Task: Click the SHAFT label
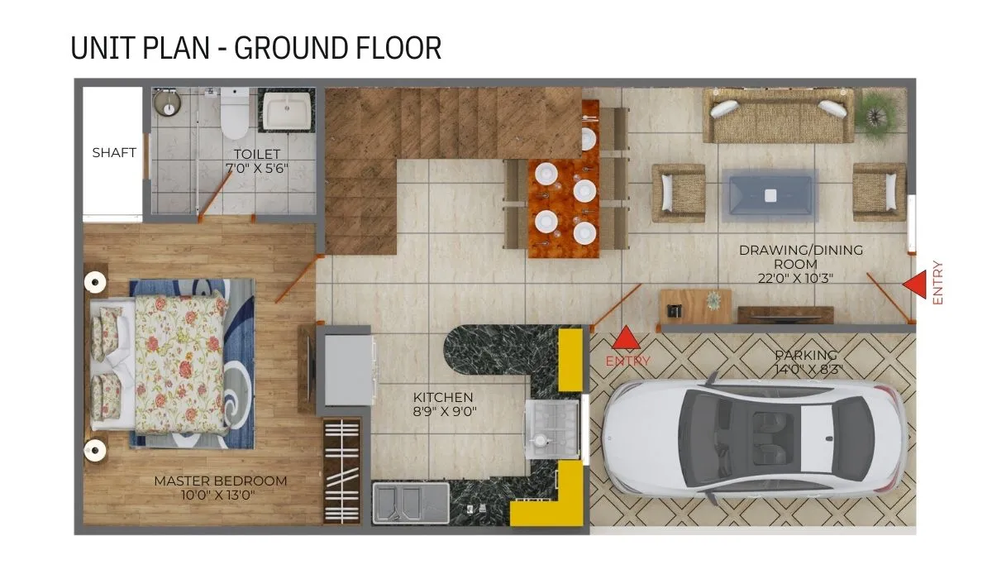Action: [x=114, y=152]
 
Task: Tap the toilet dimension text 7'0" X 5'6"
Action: [x=257, y=169]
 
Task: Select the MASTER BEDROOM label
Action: [x=221, y=481]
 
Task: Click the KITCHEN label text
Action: [x=443, y=397]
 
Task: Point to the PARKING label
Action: [x=806, y=355]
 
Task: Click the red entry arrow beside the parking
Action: [x=626, y=337]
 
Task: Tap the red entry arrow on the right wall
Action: [x=915, y=285]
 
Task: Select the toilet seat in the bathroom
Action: [x=234, y=112]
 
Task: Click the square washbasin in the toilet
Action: [x=287, y=110]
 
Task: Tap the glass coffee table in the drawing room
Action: [x=770, y=195]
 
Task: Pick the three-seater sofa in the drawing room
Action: [x=779, y=115]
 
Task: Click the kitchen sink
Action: [x=411, y=503]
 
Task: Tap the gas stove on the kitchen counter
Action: [x=552, y=428]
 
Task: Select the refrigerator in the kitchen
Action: [x=348, y=370]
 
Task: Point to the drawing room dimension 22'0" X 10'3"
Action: [x=795, y=278]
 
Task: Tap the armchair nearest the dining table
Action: [x=679, y=194]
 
